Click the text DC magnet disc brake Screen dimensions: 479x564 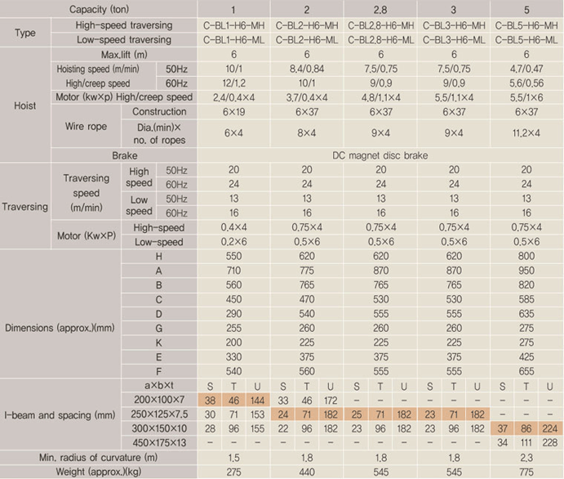tap(380, 154)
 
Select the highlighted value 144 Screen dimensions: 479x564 tap(256, 401)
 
